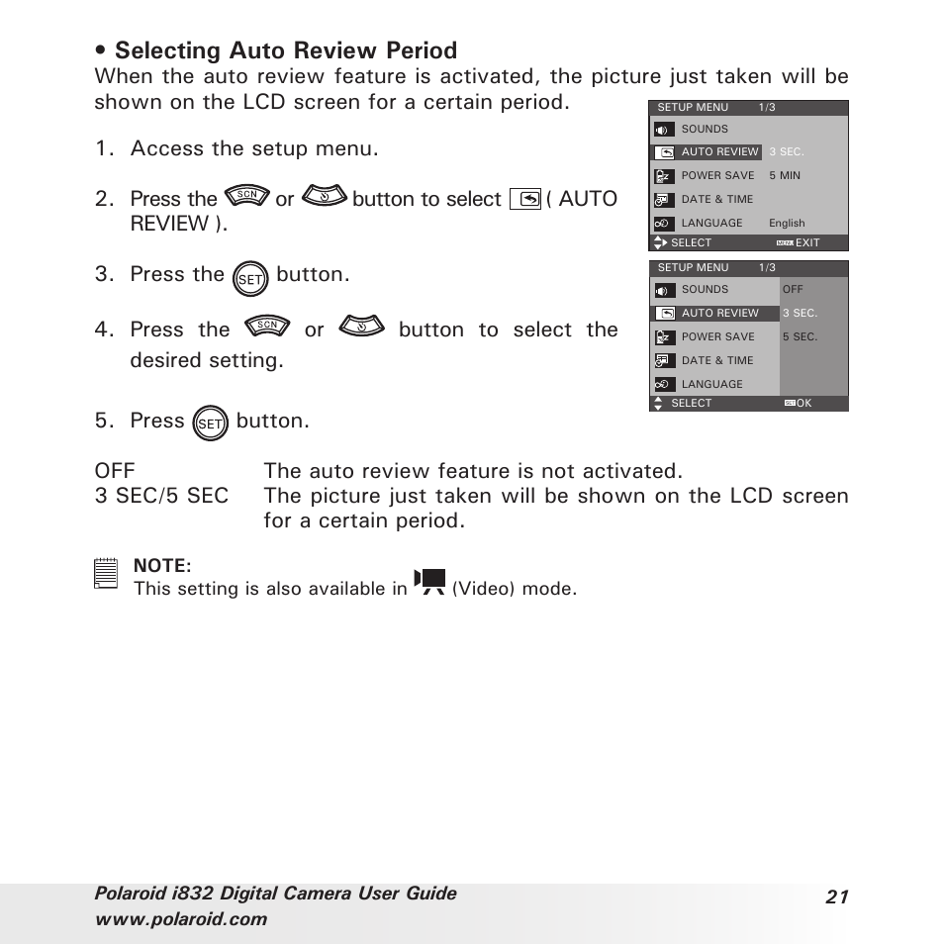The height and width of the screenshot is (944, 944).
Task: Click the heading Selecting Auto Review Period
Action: pyautogui.click(x=286, y=50)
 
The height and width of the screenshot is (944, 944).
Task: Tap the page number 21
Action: pyautogui.click(x=837, y=897)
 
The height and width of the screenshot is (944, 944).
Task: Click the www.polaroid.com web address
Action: pyautogui.click(x=181, y=919)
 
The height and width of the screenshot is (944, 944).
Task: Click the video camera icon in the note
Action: pyautogui.click(x=430, y=583)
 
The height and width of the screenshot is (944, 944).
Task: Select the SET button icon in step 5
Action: pyautogui.click(x=211, y=425)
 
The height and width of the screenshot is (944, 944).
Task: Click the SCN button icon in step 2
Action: pyautogui.click(x=246, y=196)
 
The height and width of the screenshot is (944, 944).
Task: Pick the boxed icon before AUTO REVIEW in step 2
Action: pyautogui.click(x=525, y=199)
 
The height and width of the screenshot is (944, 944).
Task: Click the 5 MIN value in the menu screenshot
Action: pyautogui.click(x=785, y=175)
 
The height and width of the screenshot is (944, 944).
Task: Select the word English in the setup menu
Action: pyautogui.click(x=787, y=224)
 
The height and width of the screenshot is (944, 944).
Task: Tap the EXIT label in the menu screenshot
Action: pyautogui.click(x=807, y=242)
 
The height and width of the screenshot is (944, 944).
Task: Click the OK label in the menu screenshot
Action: pyautogui.click(x=803, y=404)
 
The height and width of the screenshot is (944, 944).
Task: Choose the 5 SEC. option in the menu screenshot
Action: pyautogui.click(x=800, y=336)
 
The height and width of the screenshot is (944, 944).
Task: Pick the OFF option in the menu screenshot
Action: pyautogui.click(x=793, y=290)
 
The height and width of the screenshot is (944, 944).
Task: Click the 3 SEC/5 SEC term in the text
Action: pyautogui.click(x=161, y=496)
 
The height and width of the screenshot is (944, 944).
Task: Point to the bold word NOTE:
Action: pyautogui.click(x=162, y=565)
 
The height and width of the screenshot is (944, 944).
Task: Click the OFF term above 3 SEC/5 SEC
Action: pyautogui.click(x=115, y=471)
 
